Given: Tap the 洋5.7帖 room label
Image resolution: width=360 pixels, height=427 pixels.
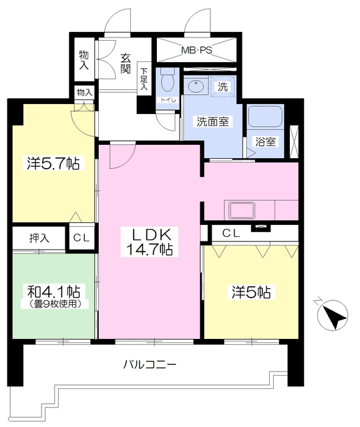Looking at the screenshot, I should (53, 162).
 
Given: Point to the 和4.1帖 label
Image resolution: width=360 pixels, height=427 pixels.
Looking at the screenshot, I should (54, 292).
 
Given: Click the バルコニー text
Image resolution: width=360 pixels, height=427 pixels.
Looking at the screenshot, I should (150, 365).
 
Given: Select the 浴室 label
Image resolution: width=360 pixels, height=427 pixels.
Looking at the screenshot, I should (265, 141).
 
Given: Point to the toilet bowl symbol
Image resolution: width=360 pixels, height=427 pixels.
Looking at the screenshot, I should (167, 82).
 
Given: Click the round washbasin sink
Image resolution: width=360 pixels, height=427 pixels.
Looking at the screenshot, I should (196, 87).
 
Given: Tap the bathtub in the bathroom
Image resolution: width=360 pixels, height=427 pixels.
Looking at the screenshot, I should (266, 118).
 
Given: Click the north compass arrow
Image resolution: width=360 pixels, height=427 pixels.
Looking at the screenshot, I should (332, 315).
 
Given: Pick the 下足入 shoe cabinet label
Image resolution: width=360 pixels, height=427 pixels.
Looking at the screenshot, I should (144, 78).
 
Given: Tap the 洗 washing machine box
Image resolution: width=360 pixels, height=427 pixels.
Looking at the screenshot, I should (223, 86).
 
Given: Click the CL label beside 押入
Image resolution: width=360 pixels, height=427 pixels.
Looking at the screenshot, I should (82, 238).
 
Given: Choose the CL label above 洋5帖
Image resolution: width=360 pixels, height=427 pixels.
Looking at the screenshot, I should (231, 233).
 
